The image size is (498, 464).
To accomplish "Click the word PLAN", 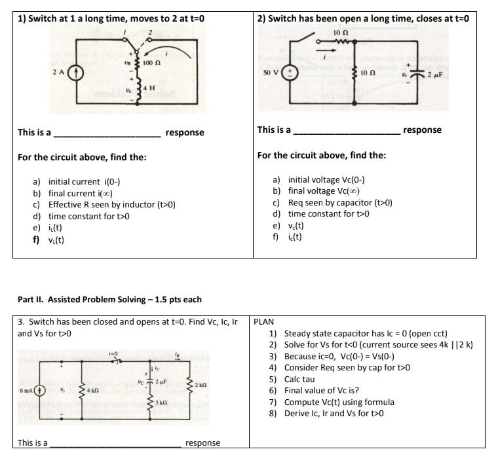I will pos(263,322).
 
